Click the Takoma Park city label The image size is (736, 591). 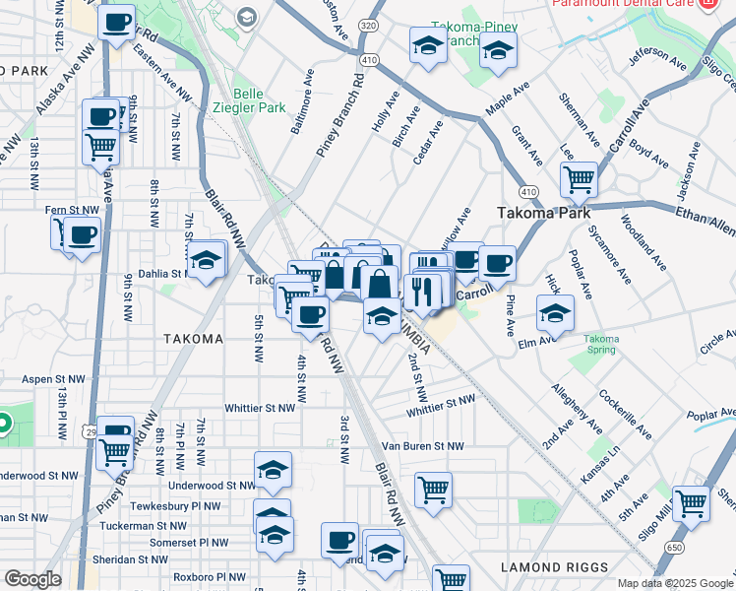(x=543, y=213)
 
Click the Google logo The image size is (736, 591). (x=32, y=578)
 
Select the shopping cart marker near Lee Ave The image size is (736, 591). (x=579, y=179)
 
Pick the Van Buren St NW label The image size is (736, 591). (x=423, y=446)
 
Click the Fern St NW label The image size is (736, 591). (x=73, y=210)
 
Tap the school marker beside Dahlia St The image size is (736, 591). (x=206, y=260)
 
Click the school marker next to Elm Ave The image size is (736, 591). (x=555, y=313)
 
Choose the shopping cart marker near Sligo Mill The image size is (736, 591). (x=692, y=502)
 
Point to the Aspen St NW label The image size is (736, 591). (x=50, y=378)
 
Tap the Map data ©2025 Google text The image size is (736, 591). (x=676, y=583)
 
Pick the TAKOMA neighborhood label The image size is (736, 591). (x=194, y=339)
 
